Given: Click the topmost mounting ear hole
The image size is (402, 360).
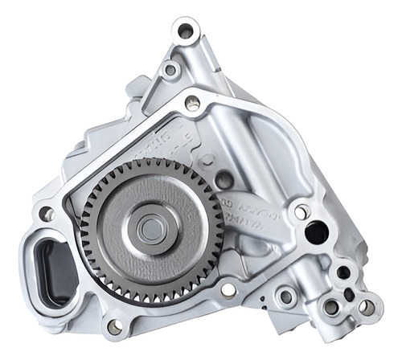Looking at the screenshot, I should [x=186, y=32].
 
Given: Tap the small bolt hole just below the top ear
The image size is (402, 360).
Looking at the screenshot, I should [x=170, y=71].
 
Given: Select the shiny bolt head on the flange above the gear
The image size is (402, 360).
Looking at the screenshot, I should [x=192, y=103].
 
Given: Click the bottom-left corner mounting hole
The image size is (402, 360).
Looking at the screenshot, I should [x=114, y=326].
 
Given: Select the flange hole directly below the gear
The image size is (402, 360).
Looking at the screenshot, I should [x=228, y=290].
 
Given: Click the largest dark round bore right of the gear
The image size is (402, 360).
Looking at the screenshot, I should [x=316, y=233].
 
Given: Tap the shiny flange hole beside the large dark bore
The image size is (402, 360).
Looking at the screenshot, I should [x=302, y=212].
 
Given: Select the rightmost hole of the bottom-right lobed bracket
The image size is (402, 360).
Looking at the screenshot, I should [x=367, y=306].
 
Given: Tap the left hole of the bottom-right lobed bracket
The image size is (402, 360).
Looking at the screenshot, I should [x=330, y=306].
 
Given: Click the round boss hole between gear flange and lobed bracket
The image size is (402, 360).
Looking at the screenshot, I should [x=284, y=297].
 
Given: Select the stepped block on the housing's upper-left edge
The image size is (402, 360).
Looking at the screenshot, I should [x=137, y=88].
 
